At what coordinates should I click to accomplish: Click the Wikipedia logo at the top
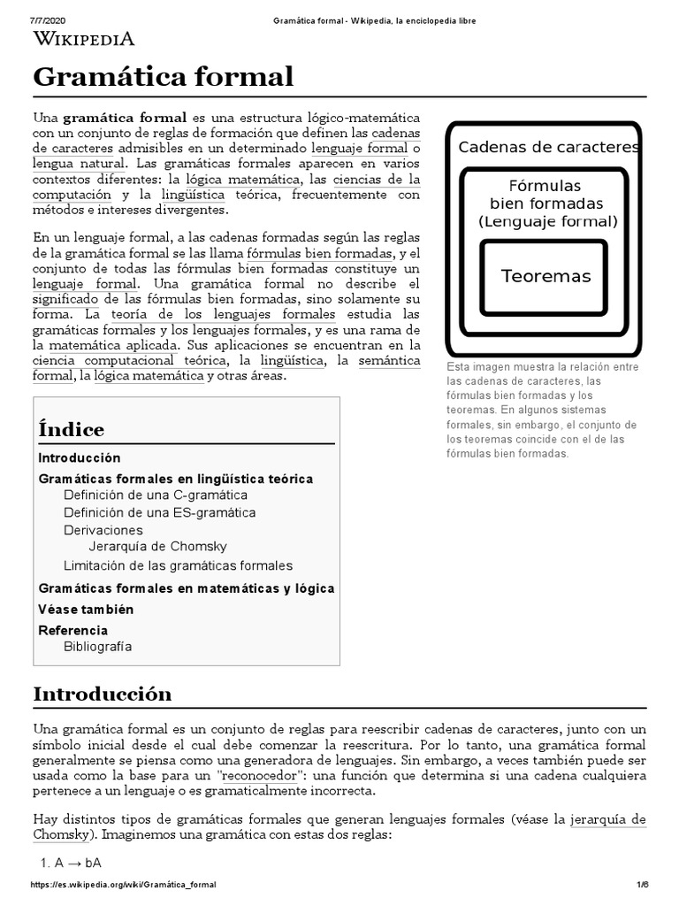84,38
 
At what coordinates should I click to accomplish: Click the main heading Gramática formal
163,77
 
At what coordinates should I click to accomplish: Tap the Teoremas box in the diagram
545,276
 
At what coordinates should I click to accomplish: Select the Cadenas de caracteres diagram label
548,147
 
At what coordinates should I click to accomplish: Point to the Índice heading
71,430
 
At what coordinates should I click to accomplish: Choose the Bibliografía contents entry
97,646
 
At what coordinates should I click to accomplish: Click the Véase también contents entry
86,609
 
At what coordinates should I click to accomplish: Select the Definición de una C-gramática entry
155,495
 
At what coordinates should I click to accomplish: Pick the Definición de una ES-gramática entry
159,512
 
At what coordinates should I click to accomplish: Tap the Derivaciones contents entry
103,530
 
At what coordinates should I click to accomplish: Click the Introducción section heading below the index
103,694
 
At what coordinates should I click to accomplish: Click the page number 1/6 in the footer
643,885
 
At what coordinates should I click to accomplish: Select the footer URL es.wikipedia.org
124,885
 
